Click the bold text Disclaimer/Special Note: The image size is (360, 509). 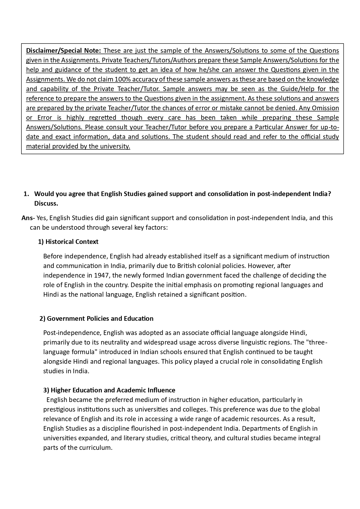(x=64, y=51)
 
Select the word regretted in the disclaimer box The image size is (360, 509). (x=102, y=118)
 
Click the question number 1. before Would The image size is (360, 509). (x=26, y=194)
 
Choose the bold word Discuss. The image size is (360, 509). (x=46, y=203)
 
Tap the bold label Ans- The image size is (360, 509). (x=28, y=218)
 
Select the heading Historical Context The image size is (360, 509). (x=72, y=242)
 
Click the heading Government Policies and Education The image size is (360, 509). (x=100, y=318)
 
